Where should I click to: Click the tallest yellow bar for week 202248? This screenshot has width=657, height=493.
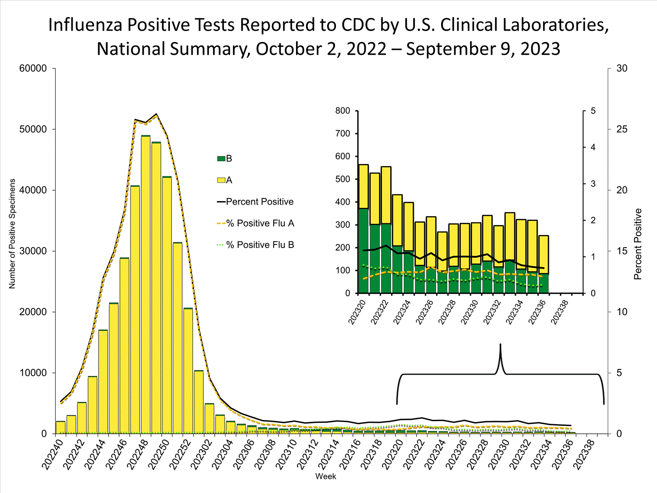click(x=145, y=285)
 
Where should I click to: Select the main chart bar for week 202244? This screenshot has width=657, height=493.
click(x=103, y=381)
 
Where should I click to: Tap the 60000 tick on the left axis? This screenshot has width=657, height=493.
click(x=33, y=68)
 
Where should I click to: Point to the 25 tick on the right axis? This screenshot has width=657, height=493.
click(x=622, y=129)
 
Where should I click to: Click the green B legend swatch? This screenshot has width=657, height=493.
click(x=221, y=159)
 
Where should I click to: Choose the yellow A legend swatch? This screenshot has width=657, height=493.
click(x=221, y=180)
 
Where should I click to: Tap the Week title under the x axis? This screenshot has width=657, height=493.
click(x=325, y=476)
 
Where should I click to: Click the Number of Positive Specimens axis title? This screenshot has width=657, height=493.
click(x=12, y=234)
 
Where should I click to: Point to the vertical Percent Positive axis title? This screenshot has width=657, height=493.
click(x=638, y=244)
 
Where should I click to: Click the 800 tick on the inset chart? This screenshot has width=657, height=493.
click(x=343, y=111)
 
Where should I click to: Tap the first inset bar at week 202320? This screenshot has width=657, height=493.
click(x=363, y=228)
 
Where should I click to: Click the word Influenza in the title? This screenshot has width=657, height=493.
click(x=85, y=25)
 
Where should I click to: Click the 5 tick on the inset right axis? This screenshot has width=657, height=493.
click(x=593, y=111)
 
